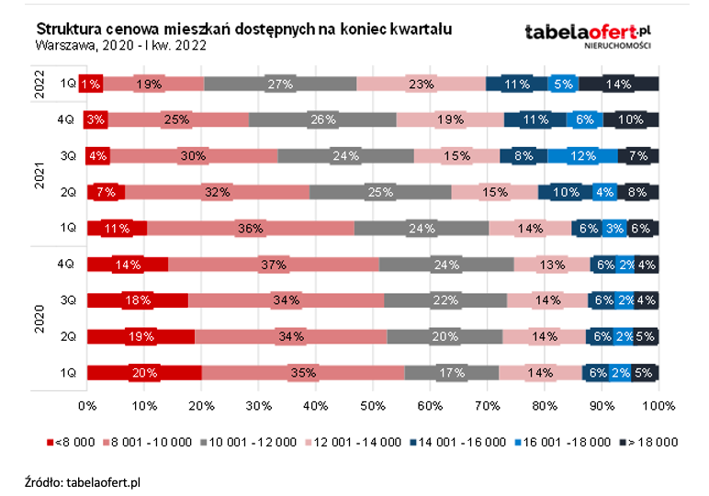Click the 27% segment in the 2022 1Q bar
pyautogui.click(x=280, y=84)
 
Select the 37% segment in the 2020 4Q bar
pyautogui.click(x=274, y=265)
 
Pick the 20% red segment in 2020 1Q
pyautogui.click(x=144, y=373)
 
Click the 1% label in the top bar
pyautogui.click(x=91, y=84)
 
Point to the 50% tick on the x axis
pyautogui.click(x=373, y=405)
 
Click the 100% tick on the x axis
pyautogui.click(x=658, y=405)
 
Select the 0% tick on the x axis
pyautogui.click(x=87, y=405)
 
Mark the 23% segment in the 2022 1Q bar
pyautogui.click(x=421, y=84)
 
